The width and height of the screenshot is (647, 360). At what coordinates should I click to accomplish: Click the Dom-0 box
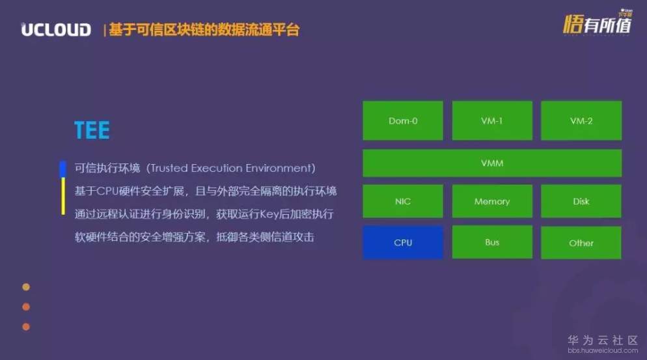click(x=402, y=120)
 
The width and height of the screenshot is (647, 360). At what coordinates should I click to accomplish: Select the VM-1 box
click(x=491, y=120)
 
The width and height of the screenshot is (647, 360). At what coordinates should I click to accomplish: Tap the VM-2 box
click(x=581, y=120)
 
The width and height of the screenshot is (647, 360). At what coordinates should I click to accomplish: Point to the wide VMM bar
click(x=491, y=163)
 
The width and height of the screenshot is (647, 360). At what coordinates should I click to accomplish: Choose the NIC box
click(x=402, y=201)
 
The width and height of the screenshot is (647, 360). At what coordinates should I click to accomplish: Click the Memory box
click(x=491, y=201)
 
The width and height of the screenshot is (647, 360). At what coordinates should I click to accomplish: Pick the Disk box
click(x=581, y=201)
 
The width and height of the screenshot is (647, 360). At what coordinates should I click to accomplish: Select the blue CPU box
click(x=402, y=242)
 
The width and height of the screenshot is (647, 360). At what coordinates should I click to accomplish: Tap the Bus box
click(x=491, y=242)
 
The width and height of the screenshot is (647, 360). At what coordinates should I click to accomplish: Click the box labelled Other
click(x=581, y=243)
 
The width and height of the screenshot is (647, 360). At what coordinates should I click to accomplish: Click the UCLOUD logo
click(x=56, y=29)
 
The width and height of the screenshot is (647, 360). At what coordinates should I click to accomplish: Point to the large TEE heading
click(x=92, y=130)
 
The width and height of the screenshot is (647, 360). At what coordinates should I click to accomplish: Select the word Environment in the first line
click(x=280, y=168)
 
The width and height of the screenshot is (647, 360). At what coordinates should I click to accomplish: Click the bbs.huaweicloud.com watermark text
click(x=603, y=351)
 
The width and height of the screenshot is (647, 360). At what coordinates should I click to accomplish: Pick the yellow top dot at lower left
click(x=26, y=286)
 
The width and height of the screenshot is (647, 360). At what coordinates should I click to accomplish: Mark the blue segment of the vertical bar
click(x=62, y=169)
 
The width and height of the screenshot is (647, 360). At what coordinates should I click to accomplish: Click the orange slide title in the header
click(x=204, y=29)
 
